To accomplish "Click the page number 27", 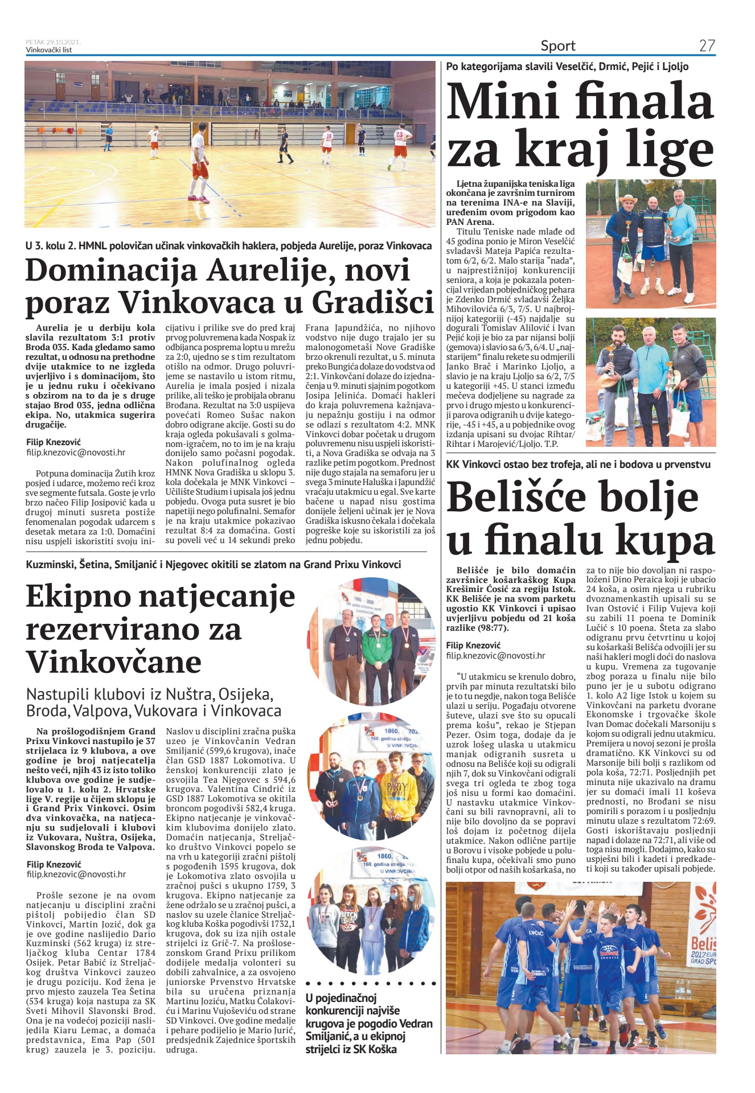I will (707, 46).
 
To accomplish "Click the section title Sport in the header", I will (558, 46).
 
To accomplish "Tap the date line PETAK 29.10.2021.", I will (53, 42).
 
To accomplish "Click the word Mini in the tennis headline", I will (502, 101).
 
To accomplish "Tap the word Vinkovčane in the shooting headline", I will (114, 662).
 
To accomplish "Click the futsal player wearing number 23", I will (401, 149).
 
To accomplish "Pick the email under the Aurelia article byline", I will (76, 453).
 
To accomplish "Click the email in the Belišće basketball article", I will (495, 655).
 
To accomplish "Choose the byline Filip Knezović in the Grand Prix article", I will (54, 864).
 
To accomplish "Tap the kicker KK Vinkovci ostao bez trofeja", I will (578, 464).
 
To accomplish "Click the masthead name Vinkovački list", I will (49, 50).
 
